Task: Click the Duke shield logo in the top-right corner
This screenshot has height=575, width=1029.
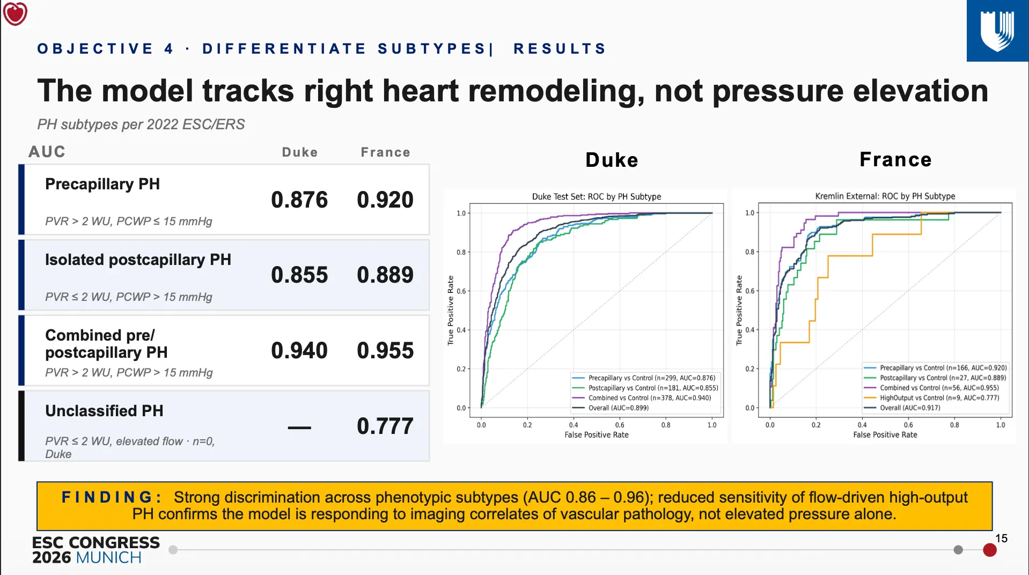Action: [x=997, y=31]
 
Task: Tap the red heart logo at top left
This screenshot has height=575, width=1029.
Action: [x=15, y=13]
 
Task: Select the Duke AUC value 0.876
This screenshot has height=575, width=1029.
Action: [x=299, y=200]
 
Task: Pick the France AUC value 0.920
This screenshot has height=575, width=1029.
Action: [x=385, y=200]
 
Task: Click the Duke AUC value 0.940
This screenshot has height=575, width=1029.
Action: [x=299, y=351]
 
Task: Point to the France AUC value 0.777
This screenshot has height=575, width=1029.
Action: [x=385, y=426]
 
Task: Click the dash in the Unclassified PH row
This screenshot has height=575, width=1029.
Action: [x=299, y=427]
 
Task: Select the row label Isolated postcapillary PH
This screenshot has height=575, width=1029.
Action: [x=138, y=260]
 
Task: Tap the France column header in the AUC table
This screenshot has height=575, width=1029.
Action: [x=385, y=152]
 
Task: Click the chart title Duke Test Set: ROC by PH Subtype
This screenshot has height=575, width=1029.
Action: [x=597, y=196]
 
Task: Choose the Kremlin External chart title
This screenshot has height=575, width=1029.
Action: [x=885, y=196]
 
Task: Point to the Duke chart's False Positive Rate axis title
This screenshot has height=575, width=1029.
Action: [x=597, y=434]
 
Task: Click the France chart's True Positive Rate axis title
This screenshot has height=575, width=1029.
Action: [x=739, y=310]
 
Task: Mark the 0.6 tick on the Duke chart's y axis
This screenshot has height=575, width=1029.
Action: [x=461, y=291]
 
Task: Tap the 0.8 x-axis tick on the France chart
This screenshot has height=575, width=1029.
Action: [x=954, y=425]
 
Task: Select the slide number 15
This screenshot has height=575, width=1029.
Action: [x=1001, y=538]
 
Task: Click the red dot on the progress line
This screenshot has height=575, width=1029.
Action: [x=990, y=550]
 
